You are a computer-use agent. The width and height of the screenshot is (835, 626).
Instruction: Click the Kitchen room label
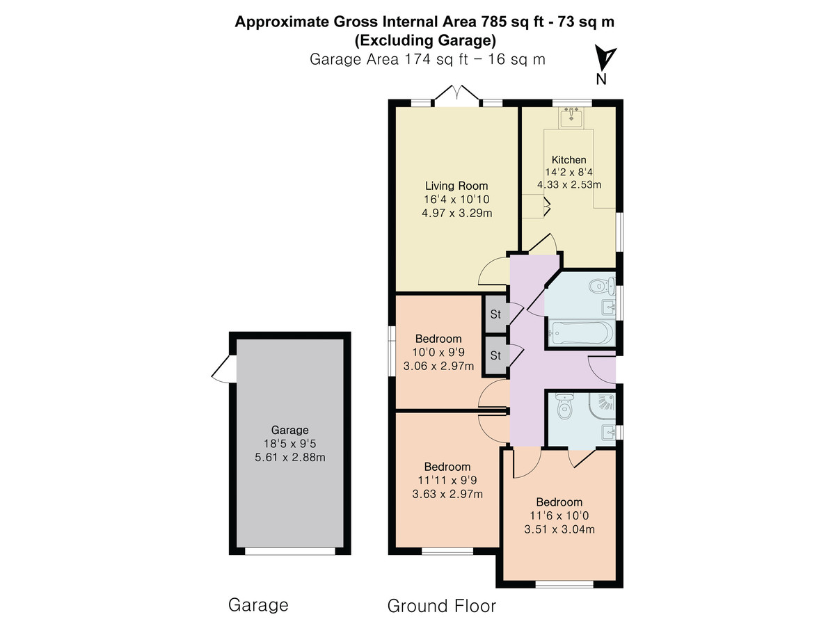tap(568, 160)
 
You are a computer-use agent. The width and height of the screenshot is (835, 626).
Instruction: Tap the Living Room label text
tap(456, 186)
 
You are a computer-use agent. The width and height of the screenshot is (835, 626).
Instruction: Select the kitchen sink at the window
tap(571, 118)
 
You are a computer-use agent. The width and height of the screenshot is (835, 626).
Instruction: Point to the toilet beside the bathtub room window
tap(602, 285)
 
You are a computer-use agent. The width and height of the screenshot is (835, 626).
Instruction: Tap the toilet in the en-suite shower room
tap(564, 406)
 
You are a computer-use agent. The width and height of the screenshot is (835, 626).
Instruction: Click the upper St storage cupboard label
tap(495, 314)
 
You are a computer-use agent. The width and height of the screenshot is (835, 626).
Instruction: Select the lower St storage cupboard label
tap(495, 355)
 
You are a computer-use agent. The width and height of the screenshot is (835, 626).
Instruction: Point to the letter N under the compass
tap(601, 79)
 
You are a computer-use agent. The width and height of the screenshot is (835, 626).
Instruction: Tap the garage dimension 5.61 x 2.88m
tap(290, 457)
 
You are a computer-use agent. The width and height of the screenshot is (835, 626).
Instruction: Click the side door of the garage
tap(223, 369)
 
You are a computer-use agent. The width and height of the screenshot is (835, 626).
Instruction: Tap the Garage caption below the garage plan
tap(258, 605)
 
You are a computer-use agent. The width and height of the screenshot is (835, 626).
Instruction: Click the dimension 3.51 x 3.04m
tap(559, 529)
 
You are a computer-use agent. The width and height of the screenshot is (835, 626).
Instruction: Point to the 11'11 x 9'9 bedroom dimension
tap(447, 481)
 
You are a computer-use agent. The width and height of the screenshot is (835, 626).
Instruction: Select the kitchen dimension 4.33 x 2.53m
tap(569, 185)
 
